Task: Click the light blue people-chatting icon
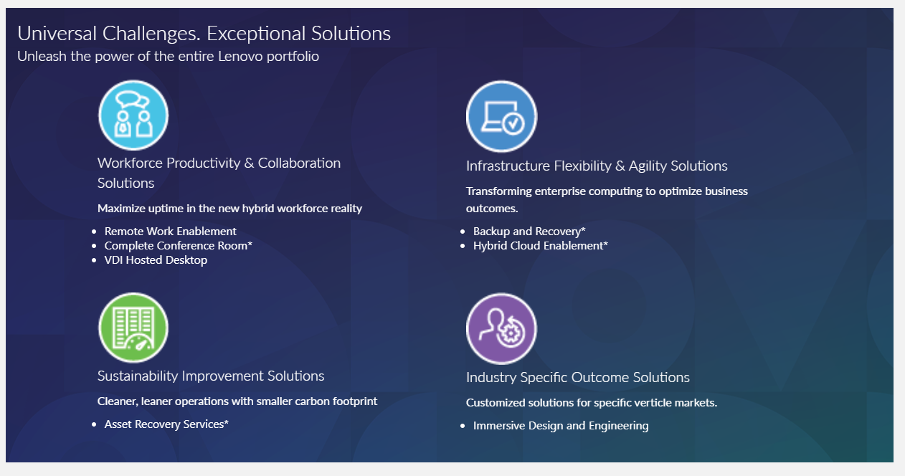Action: [133, 115]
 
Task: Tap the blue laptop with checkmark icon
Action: [501, 116]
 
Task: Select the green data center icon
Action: [133, 328]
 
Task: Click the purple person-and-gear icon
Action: [501, 328]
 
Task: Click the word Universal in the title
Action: [57, 34]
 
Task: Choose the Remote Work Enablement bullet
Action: [170, 232]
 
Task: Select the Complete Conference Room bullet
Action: [178, 245]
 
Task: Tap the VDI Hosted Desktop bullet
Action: [156, 260]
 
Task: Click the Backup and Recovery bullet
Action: [529, 232]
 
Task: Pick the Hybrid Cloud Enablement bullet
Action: [541, 245]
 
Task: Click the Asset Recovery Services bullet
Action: [166, 424]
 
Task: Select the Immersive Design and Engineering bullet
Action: [561, 426]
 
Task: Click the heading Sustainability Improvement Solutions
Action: [211, 376]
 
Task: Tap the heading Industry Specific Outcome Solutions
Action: [578, 377]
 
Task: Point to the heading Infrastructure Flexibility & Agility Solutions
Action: [597, 166]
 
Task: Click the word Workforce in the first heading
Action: [129, 163]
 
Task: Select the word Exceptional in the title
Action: [257, 34]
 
